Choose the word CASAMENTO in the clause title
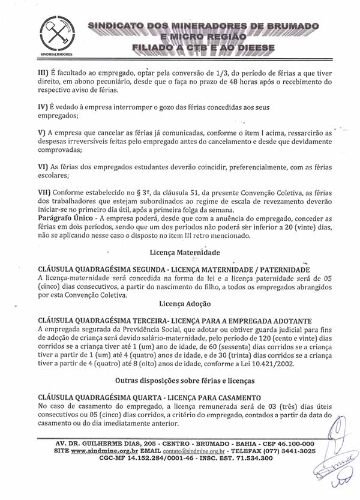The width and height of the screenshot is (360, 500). [234, 397]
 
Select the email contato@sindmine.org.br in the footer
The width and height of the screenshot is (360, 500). [194, 450]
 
